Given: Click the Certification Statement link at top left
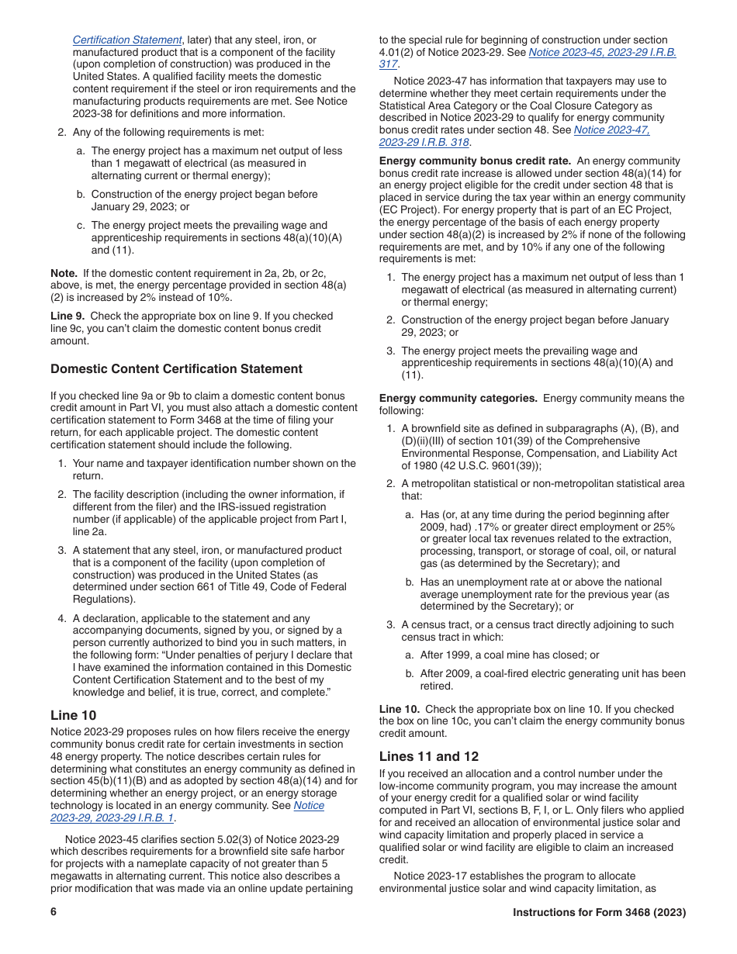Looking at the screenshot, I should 127,40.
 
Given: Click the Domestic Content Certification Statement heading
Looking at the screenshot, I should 176,368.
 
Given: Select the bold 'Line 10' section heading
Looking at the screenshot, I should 74,715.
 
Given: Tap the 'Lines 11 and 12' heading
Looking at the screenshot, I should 429,756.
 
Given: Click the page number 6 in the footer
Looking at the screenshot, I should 54,912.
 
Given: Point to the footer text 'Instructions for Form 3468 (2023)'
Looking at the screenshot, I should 599,912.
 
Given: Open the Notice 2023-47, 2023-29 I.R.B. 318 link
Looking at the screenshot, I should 514,136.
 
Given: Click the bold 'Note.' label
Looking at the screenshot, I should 64,273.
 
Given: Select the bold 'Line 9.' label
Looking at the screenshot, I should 68,316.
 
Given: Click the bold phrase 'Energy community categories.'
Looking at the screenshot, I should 458,398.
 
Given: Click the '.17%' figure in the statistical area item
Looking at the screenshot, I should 486,527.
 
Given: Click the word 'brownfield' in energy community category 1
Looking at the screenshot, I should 437,428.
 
